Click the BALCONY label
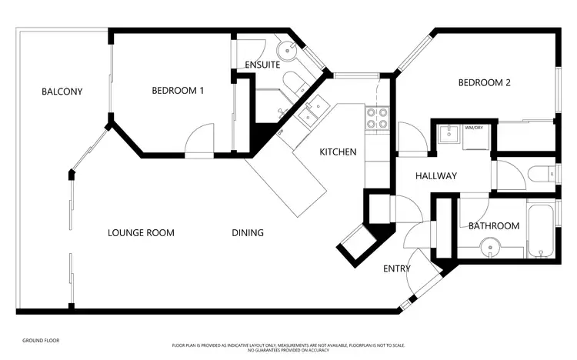(x=62, y=92)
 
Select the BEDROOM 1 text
(x=178, y=91)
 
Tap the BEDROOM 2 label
(x=485, y=83)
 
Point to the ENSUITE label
(x=262, y=65)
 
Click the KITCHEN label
(x=338, y=152)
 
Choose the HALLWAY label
(x=436, y=176)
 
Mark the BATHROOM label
(x=494, y=226)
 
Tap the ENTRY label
(x=396, y=268)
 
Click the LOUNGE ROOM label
(x=141, y=232)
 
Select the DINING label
(x=248, y=232)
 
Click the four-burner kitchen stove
(x=376, y=117)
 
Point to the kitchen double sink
(x=312, y=112)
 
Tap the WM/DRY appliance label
(x=473, y=128)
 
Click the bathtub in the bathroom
(x=542, y=230)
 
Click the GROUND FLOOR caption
(x=41, y=340)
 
